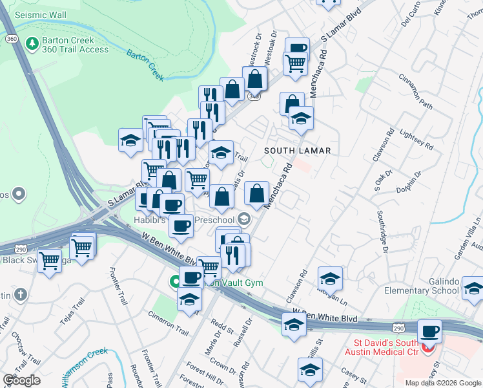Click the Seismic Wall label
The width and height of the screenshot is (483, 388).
coord(39,14)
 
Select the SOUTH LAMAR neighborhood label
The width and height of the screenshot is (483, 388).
coord(297,151)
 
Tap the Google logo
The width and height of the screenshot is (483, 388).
coord(22,380)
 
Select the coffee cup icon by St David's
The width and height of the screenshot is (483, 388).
coord(430,332)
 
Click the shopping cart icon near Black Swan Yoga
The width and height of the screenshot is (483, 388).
coord(50,261)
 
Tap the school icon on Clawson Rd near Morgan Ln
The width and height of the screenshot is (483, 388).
coord(330,278)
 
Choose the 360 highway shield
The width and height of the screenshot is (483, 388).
coord(10,39)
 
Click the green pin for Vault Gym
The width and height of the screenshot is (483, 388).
coord(174,282)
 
